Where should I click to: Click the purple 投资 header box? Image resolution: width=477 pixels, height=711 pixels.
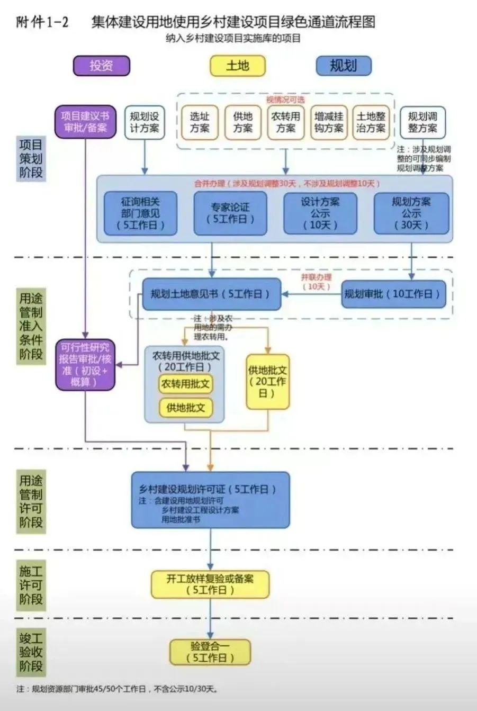click(x=101, y=66)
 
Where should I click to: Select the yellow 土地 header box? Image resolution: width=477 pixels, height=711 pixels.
click(x=237, y=66)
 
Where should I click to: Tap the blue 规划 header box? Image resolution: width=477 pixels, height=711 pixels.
click(x=343, y=66)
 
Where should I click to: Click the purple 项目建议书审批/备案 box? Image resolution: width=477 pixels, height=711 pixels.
click(x=85, y=122)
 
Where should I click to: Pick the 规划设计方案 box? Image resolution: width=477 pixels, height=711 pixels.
click(x=145, y=122)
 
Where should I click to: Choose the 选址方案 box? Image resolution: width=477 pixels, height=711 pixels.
click(x=200, y=122)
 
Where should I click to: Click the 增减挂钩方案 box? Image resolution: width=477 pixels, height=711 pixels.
click(x=328, y=122)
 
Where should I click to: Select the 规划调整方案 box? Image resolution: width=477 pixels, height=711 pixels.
click(x=422, y=122)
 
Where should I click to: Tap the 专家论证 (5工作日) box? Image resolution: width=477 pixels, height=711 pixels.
click(x=230, y=213)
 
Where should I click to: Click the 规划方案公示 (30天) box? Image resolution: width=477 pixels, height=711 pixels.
click(x=411, y=213)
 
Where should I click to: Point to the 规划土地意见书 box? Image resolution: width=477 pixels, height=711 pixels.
click(x=211, y=294)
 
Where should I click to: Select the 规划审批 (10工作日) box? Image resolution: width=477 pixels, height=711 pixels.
click(x=393, y=294)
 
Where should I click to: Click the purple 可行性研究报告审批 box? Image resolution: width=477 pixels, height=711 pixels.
click(x=85, y=364)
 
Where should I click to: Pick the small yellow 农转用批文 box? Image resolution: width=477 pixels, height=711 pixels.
click(x=185, y=384)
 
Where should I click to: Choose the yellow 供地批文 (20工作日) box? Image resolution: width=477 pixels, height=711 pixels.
click(x=268, y=381)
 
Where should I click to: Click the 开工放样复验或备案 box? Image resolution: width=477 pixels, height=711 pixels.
click(x=210, y=584)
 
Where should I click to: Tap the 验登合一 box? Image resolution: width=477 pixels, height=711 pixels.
click(x=210, y=652)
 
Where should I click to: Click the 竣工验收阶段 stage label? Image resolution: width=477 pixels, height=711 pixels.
click(x=31, y=651)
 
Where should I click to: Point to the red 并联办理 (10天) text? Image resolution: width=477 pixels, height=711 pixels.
click(x=316, y=282)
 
